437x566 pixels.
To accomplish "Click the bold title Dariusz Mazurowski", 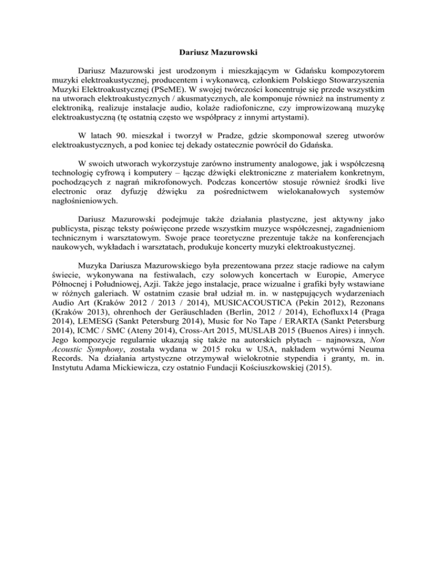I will click(218, 55).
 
